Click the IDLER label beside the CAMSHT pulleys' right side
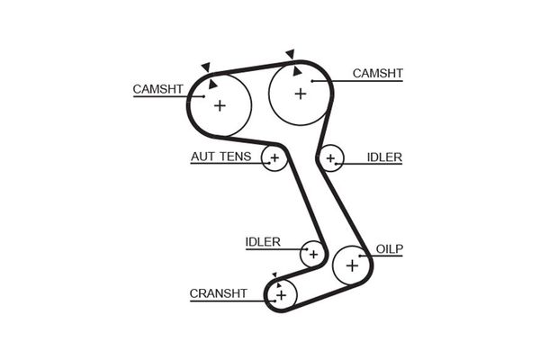[384, 157]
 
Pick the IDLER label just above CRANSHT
[263, 241]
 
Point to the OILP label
[388, 247]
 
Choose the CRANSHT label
[218, 292]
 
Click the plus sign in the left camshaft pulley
[219, 105]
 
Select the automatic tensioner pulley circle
[274, 159]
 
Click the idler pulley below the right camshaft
[331, 159]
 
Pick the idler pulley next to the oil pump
[312, 254]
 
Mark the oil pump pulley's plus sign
[352, 265]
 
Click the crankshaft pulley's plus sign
[281, 294]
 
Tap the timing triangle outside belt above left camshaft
[206, 67]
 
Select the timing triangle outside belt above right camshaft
[291, 53]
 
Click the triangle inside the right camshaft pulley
[294, 72]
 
